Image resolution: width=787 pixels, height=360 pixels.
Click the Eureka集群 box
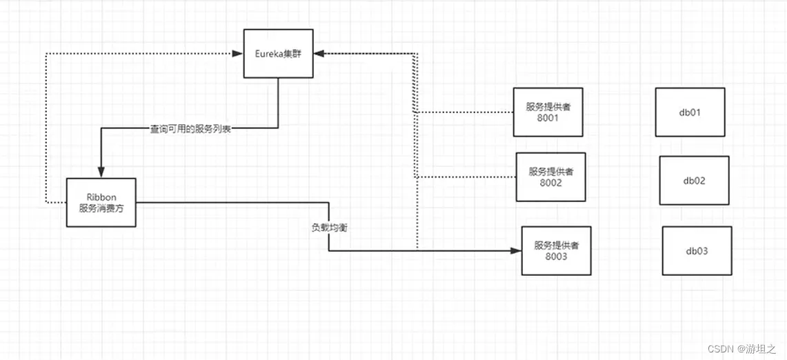pos(278,53)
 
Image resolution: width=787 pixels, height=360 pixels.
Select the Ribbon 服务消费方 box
pos(101,202)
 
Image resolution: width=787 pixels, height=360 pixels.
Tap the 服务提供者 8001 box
pos(548,112)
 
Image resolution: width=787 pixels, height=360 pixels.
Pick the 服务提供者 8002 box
pos(550,177)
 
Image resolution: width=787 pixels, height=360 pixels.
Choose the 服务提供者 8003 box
pos(556,250)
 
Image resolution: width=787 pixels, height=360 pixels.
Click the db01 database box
pos(690,112)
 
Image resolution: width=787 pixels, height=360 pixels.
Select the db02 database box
pos(694,181)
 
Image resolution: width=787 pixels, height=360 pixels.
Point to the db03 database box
pos(697,251)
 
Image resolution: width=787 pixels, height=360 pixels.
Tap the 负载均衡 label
pos(329,227)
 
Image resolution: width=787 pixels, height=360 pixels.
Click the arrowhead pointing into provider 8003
pos(516,251)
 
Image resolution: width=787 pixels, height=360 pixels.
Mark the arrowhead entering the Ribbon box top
pos(101,172)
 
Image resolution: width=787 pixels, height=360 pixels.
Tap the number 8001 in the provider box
pos(548,118)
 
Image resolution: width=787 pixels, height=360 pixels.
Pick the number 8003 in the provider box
pos(556,257)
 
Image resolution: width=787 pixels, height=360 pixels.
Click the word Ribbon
pos(101,196)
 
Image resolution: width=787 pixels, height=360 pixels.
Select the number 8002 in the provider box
pos(550,183)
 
